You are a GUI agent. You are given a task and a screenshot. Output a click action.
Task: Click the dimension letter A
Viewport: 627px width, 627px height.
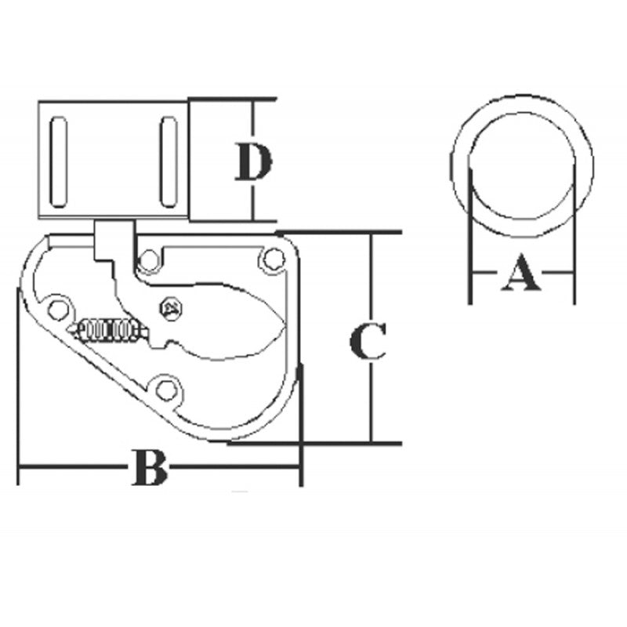[521, 274]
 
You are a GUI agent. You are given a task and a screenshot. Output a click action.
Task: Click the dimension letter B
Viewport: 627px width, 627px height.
[149, 468]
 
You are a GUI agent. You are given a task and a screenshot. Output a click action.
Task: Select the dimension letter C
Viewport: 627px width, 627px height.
[368, 340]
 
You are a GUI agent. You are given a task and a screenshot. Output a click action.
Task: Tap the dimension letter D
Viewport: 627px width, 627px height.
[252, 163]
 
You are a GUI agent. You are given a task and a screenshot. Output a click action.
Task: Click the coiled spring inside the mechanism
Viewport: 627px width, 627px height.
[110, 331]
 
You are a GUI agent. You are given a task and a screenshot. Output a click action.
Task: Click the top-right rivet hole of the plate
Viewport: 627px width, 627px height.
[272, 258]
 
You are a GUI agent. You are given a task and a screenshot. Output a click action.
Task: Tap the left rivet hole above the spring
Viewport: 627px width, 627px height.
[56, 306]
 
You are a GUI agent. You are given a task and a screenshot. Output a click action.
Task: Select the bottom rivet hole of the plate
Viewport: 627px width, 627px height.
[165, 389]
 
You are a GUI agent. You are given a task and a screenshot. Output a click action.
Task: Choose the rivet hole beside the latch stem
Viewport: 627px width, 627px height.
[147, 259]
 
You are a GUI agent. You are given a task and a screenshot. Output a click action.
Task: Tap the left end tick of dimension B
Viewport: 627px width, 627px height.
[18, 468]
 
